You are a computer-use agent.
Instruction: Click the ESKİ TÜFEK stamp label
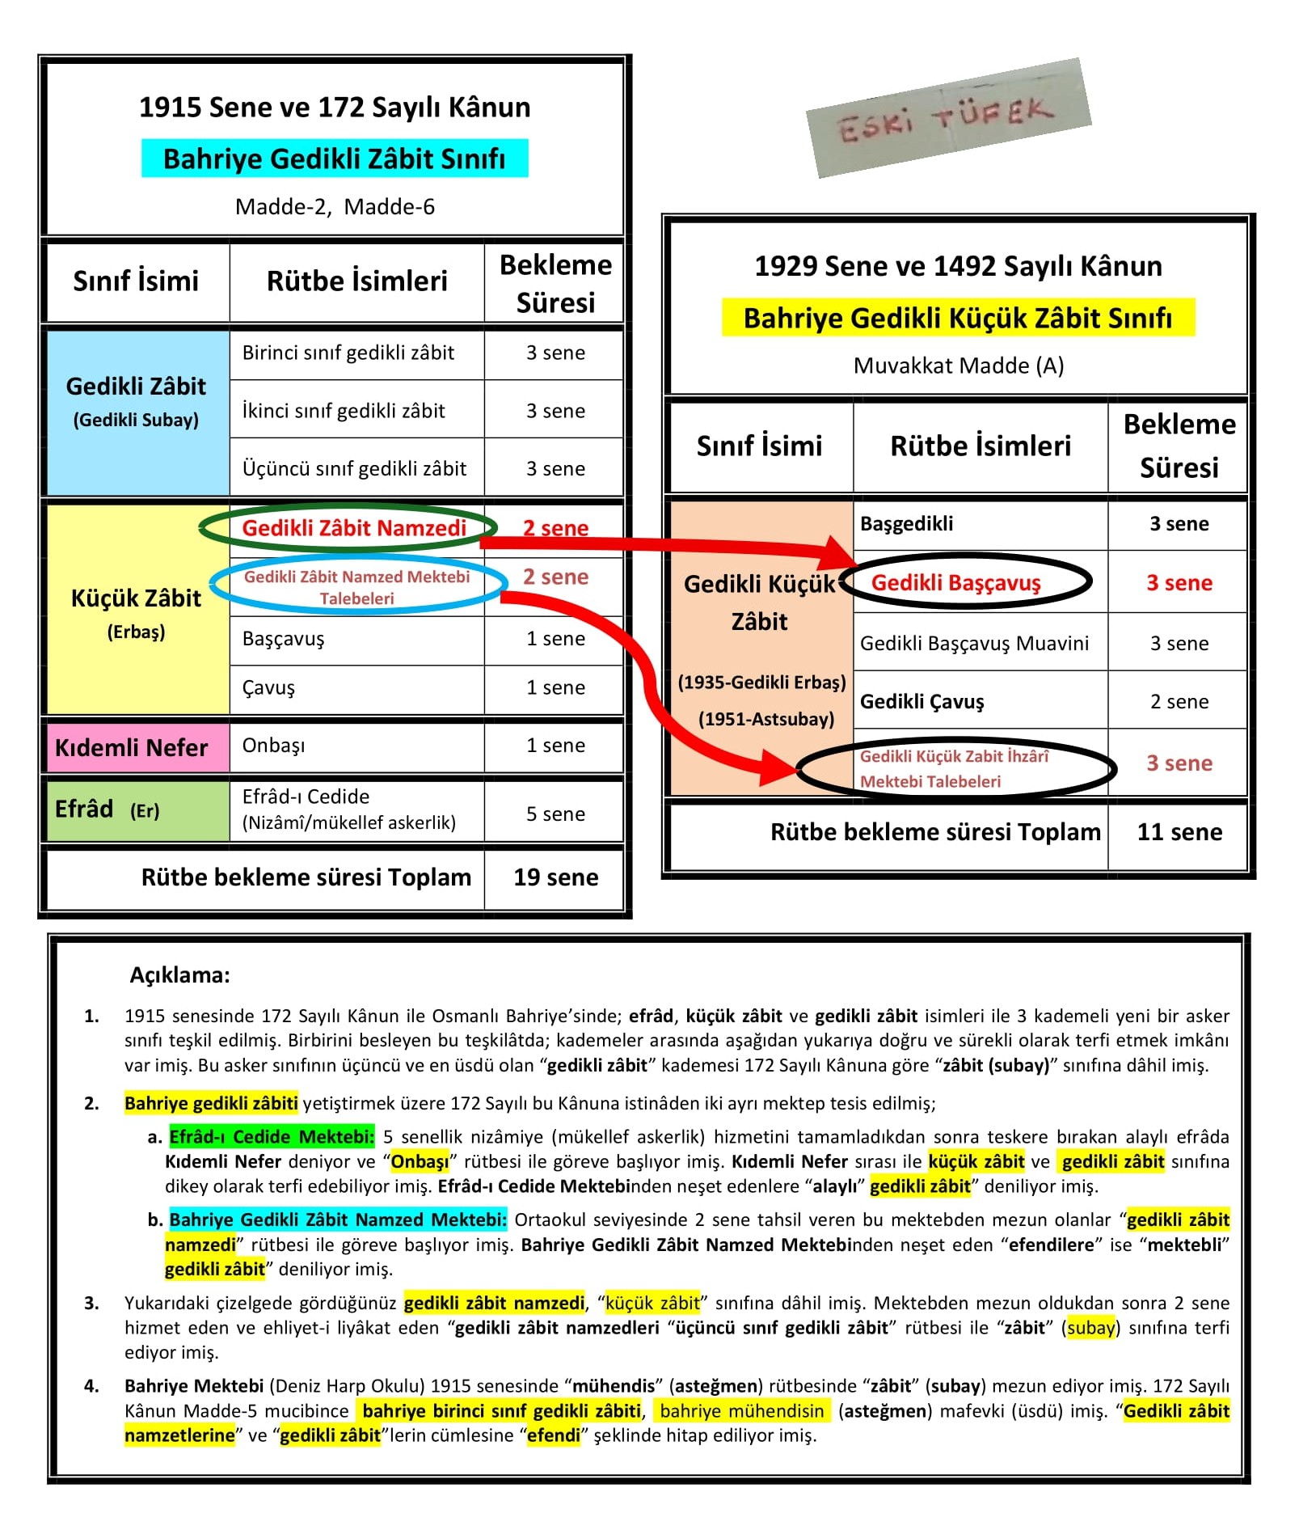coord(947,119)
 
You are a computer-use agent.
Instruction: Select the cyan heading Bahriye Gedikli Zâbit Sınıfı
coord(334,159)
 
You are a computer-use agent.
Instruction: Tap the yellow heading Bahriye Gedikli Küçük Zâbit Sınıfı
coord(957,318)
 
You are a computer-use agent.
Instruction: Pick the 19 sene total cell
coord(555,877)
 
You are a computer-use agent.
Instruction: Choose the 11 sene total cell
coord(1179,832)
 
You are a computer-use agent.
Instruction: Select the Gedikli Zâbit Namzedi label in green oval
coord(354,528)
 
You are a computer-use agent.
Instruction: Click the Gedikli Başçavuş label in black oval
coord(955,582)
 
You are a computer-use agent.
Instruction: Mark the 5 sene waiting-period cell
coord(555,814)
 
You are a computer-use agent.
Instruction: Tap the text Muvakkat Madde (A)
coord(958,366)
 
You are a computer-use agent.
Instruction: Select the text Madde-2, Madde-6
coord(335,207)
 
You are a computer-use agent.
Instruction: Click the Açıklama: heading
coord(179,975)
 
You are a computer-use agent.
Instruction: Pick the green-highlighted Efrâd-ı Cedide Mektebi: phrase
coord(272,1136)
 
